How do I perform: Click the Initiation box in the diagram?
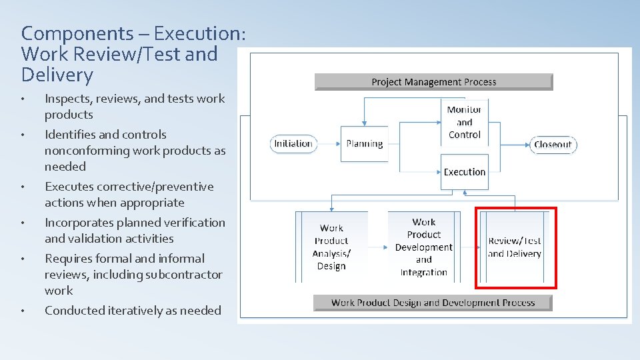coord(293,143)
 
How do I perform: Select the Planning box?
coord(364,143)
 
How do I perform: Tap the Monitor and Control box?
coord(464,122)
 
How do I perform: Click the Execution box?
coord(464,171)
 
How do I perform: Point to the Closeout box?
coord(553,144)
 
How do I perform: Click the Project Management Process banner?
coord(433,82)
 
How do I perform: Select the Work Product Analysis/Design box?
coord(331,247)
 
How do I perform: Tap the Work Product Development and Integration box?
coord(423,247)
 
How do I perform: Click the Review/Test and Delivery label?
coord(514,247)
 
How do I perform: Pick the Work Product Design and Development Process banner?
coord(433,303)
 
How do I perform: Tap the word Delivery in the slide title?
coord(57,75)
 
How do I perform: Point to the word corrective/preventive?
coord(156,187)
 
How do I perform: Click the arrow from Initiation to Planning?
coord(327,143)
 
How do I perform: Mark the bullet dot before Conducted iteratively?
coord(23,311)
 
